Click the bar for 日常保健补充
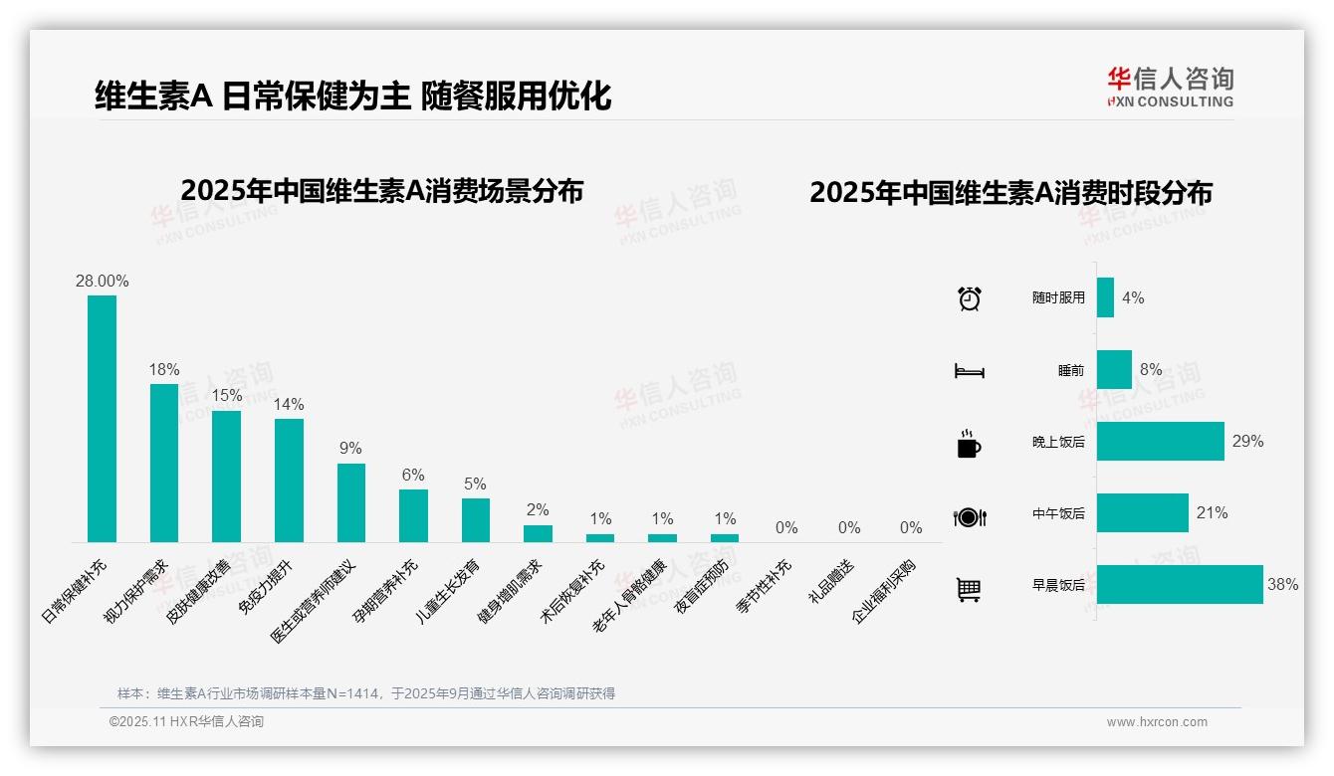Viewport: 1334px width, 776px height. [102, 418]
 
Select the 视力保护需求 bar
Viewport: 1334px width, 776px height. [164, 463]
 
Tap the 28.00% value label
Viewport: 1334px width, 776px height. [102, 281]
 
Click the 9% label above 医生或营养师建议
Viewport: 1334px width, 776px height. [350, 449]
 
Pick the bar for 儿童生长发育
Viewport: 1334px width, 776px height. [476, 519]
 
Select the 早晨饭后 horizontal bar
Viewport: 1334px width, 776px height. [1180, 585]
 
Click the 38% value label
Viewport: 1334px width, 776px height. [1282, 585]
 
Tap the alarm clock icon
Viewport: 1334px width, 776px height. [969, 297]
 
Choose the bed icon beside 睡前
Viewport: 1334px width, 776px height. [969, 371]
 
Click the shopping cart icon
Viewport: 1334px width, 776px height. [969, 590]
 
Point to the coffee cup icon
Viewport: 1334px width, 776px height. [969, 444]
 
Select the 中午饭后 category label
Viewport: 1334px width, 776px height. [1058, 514]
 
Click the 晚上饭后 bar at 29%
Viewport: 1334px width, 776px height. [1160, 442]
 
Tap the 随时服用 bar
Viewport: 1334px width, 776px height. [1105, 297]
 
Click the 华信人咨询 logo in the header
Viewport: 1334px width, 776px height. [1170, 87]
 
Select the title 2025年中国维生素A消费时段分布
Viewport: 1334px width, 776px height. [1010, 193]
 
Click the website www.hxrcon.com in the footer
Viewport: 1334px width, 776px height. [1157, 722]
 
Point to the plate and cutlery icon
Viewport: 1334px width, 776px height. [969, 517]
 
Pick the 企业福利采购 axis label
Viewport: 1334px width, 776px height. [884, 591]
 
